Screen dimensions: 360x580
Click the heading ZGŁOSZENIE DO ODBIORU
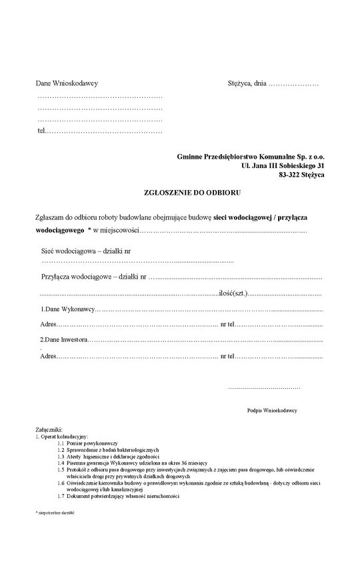192,191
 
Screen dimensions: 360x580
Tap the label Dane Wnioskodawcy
67,84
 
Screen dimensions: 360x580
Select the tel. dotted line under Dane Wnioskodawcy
103,130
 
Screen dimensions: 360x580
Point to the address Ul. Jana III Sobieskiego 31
283,165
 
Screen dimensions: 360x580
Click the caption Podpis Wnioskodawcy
271,411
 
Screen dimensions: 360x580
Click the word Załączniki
49,430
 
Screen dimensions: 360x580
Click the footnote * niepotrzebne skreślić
55,512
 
